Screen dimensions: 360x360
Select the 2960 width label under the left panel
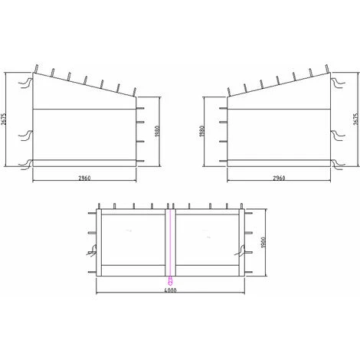pyautogui.click(x=85, y=178)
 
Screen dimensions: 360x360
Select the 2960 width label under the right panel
pyautogui.click(x=278, y=178)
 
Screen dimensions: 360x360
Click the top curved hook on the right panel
pyautogui.click(x=334, y=78)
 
